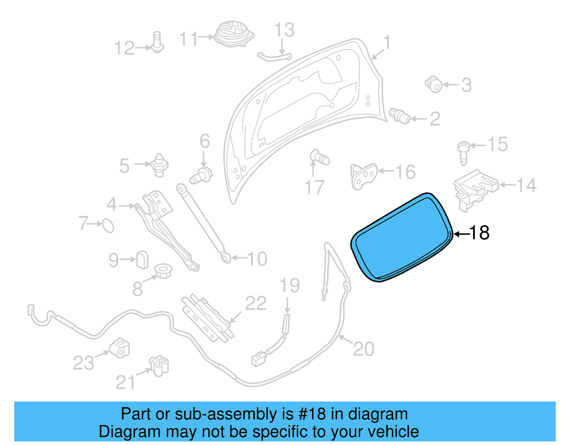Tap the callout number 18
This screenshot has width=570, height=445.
point(480,233)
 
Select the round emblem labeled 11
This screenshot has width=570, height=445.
point(233,33)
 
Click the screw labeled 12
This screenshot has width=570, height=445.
point(157,43)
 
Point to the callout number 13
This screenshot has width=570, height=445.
point(284,30)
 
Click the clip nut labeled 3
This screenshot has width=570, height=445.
point(434,84)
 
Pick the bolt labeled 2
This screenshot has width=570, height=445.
point(400,116)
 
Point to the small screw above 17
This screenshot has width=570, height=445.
point(319,157)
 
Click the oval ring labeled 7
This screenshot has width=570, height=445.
point(108,226)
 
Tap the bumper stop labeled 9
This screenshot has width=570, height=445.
point(142,259)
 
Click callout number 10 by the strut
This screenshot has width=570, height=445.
point(257,259)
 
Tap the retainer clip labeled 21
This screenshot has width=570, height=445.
point(159,366)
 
